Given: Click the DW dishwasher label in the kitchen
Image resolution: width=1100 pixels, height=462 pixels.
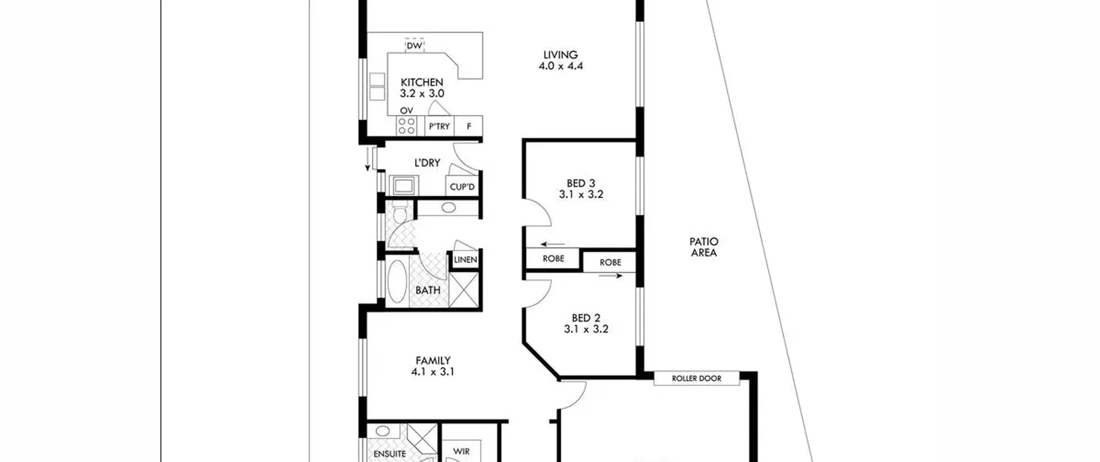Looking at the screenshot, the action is [414, 46].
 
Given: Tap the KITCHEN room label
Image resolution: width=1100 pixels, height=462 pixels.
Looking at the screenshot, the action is [422, 82].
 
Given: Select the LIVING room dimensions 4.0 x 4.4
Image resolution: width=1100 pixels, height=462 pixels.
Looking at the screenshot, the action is [560, 66].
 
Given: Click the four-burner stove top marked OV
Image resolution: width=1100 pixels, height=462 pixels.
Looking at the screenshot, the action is [406, 125].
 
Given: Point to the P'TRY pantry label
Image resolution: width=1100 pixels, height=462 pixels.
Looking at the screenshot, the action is [439, 126].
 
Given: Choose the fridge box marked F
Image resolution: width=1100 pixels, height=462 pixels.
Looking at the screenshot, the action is [469, 126].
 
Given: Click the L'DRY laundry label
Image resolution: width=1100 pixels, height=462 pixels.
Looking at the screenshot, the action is [427, 163].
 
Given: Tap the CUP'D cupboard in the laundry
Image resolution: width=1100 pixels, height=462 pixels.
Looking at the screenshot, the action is [462, 187].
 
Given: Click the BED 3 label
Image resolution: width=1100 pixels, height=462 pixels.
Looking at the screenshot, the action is [581, 184].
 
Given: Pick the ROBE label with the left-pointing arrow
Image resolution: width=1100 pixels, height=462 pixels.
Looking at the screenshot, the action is [553, 259].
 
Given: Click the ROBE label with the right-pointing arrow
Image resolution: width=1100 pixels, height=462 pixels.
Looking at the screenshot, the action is [610, 262].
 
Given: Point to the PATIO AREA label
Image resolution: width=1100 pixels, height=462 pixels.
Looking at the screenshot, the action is [704, 247].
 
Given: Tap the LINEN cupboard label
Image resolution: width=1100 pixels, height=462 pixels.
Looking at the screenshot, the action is [465, 260].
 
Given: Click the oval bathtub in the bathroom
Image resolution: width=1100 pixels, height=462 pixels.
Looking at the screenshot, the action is [397, 281].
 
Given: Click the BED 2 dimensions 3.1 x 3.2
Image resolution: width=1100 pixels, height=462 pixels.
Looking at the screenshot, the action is [586, 329].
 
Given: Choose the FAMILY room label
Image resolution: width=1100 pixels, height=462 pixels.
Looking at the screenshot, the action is [433, 361].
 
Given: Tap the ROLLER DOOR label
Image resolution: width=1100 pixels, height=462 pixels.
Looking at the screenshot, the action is [697, 379].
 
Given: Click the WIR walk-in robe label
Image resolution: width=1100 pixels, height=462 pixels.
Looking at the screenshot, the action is [461, 452].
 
